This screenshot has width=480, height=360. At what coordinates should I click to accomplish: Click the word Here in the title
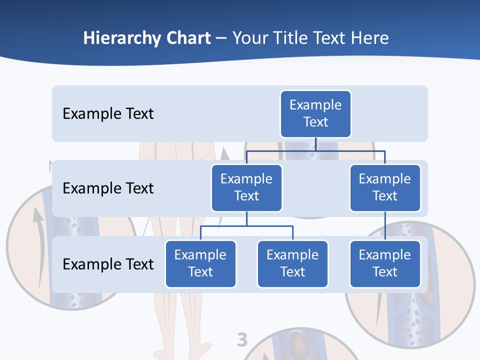pyautogui.click(x=368, y=38)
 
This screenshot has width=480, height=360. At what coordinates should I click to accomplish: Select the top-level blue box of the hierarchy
pyautogui.click(x=315, y=113)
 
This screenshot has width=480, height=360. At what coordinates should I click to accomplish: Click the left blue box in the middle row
pyautogui.click(x=246, y=187)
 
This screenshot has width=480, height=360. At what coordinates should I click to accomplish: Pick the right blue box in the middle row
pyautogui.click(x=385, y=187)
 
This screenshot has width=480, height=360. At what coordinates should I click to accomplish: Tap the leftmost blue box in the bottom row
pyautogui.click(x=200, y=263)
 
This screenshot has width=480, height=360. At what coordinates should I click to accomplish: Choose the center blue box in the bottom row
pyautogui.click(x=292, y=263)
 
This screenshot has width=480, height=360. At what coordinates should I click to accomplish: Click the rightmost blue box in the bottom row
pyautogui.click(x=385, y=263)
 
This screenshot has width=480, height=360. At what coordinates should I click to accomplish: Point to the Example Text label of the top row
pyautogui.click(x=108, y=114)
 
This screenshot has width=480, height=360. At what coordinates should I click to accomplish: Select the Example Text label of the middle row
pyautogui.click(x=108, y=188)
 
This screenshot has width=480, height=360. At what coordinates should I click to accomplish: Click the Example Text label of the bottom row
pyautogui.click(x=108, y=264)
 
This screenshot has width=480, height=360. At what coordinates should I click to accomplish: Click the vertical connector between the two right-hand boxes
pyautogui.click(x=385, y=225)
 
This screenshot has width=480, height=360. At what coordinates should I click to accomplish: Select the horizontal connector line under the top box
pyautogui.click(x=315, y=150)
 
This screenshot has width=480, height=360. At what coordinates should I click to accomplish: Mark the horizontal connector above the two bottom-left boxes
pyautogui.click(x=246, y=226)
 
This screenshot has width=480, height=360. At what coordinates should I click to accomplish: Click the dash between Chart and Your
pyautogui.click(x=221, y=39)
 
